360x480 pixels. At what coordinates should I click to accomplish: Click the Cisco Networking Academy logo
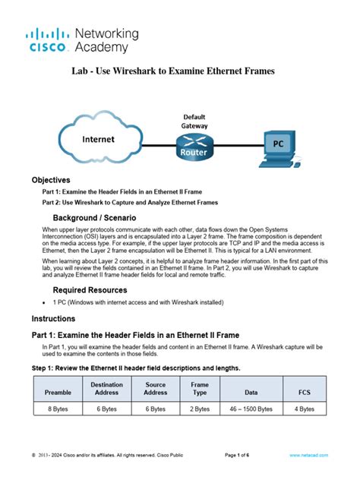(x=84, y=40)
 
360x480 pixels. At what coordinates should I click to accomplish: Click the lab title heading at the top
(x=179, y=71)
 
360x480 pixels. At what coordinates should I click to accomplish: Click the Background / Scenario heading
(x=94, y=217)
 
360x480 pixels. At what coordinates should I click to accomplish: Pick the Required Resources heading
(x=90, y=291)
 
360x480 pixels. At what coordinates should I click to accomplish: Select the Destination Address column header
(x=106, y=389)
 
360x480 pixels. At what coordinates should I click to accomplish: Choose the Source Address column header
(x=156, y=389)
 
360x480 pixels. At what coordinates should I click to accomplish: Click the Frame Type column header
(x=200, y=389)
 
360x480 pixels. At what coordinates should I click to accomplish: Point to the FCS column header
(x=304, y=393)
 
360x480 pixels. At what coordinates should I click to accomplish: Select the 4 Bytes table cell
(x=304, y=409)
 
